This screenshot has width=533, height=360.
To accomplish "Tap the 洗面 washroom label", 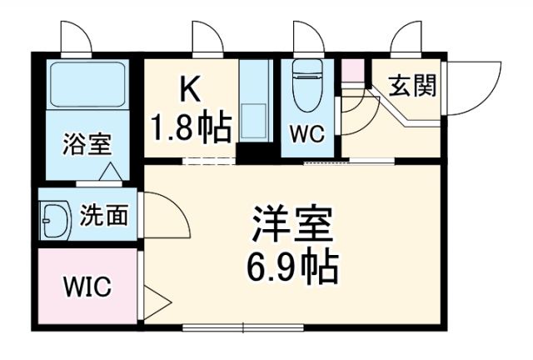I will [x=104, y=216].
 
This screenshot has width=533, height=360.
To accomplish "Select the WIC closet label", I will [x=87, y=287].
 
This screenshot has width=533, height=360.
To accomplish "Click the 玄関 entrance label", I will [x=411, y=86].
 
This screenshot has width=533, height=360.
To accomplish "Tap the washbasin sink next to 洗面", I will [x=55, y=217].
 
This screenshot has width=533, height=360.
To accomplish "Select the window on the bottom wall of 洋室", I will [x=242, y=324].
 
